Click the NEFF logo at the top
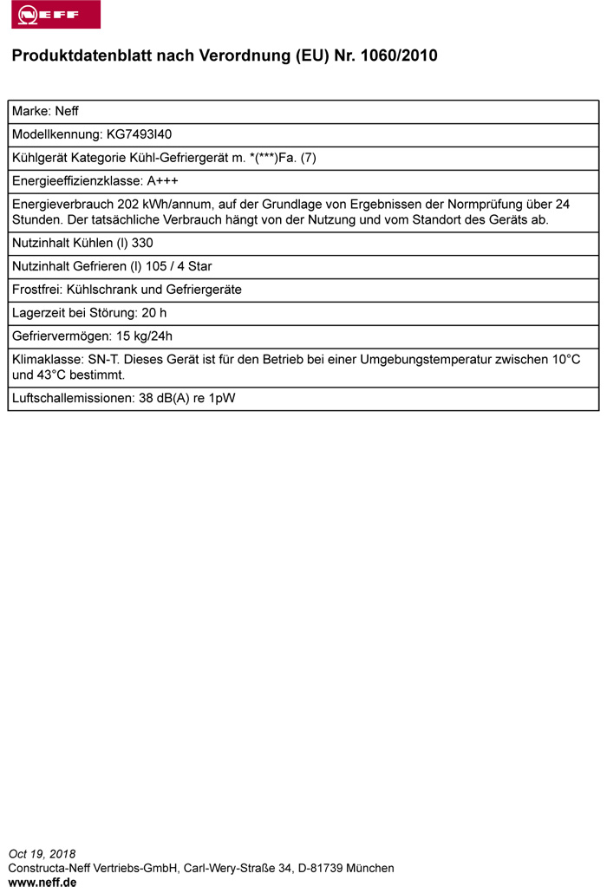click(55, 15)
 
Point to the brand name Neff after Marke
click(67, 111)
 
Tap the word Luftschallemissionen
click(72, 399)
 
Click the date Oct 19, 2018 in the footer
click(42, 854)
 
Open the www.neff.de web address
click(42, 882)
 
